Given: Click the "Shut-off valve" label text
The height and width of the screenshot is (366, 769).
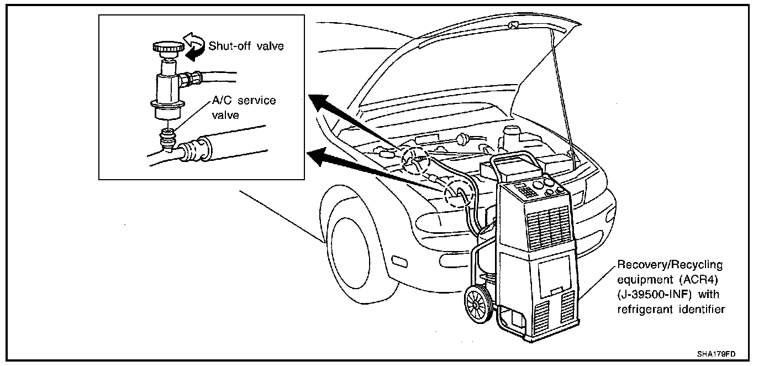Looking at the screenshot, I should pyautogui.click(x=246, y=45).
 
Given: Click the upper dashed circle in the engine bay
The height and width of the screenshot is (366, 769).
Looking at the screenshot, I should pyautogui.click(x=415, y=159).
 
